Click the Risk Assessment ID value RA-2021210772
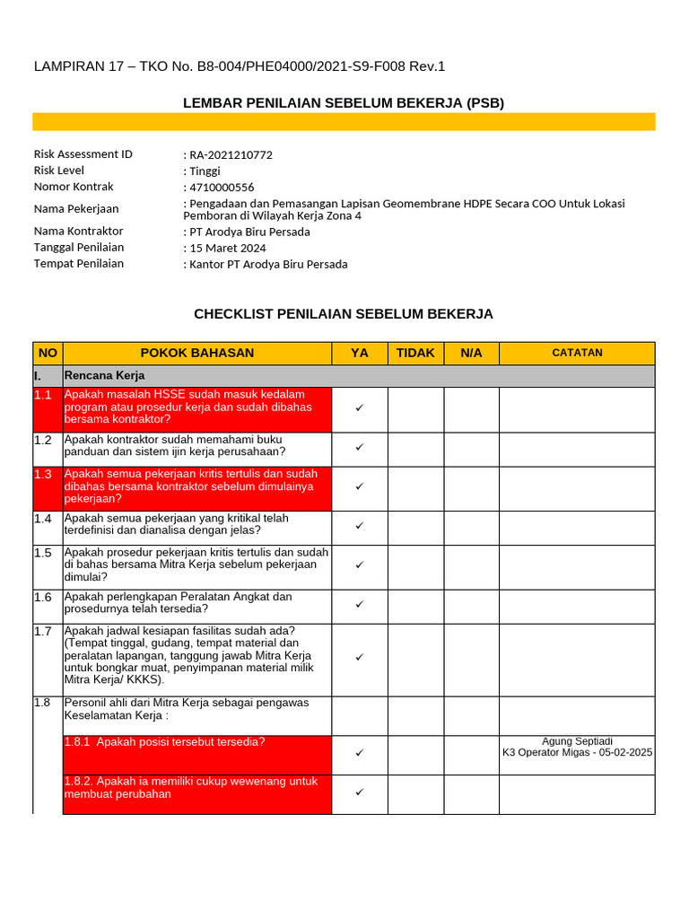231,155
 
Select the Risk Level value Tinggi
205,171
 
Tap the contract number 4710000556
222,188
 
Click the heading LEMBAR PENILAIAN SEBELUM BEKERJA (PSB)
344,103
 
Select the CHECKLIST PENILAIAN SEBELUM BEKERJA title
344,314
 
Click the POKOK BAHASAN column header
196,354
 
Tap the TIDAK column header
415,354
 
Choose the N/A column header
471,354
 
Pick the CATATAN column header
577,354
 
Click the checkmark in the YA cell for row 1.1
359,407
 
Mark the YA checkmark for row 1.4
359,525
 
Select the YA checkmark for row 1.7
359,657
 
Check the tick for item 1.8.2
359,792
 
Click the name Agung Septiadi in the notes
577,741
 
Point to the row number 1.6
43,597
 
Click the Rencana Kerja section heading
104,375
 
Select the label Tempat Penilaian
79,264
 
